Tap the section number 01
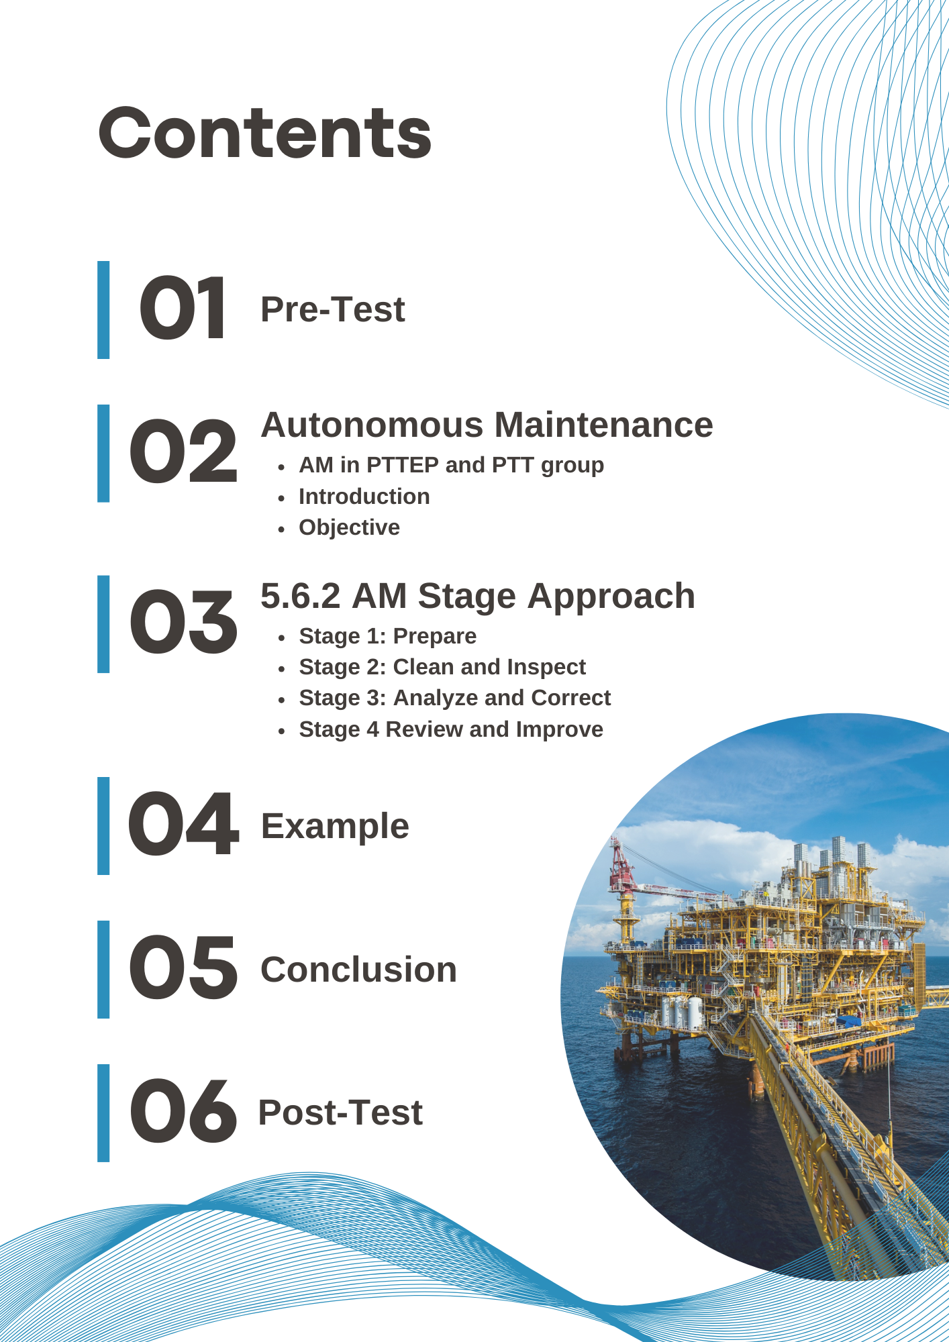(182, 309)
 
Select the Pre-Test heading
(333, 309)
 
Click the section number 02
(183, 451)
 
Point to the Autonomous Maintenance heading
(487, 425)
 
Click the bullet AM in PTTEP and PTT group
(451, 465)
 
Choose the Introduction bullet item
(364, 497)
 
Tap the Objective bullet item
(349, 527)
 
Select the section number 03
(183, 622)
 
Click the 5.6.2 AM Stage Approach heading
(478, 596)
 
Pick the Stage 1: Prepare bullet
(388, 636)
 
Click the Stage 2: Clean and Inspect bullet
(442, 667)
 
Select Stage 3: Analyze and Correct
(455, 698)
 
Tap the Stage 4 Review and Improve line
(451, 729)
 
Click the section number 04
(183, 824)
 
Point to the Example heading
(335, 826)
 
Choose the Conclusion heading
(358, 970)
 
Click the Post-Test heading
(340, 1113)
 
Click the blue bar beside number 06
(103, 1113)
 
